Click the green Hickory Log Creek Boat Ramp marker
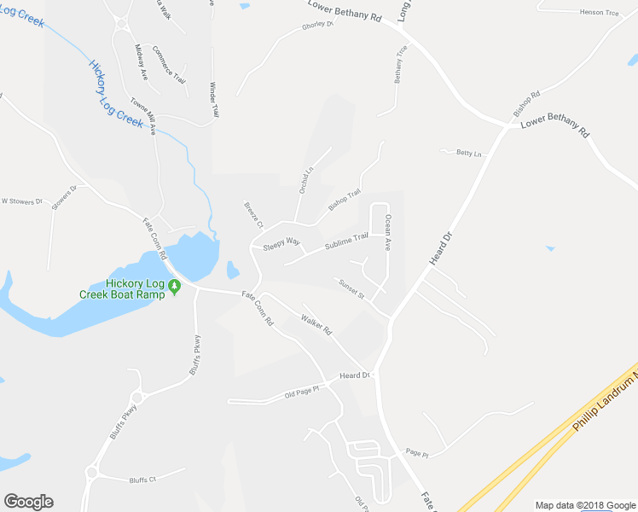coord(174,287)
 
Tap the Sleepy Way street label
coord(281,243)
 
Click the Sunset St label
coord(351,289)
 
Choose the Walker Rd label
coord(316,324)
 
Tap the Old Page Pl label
coord(301,393)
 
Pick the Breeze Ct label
coord(253,212)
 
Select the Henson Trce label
coord(597,12)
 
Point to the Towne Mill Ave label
coord(142,116)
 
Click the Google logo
coord(28,502)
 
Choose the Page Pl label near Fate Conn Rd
coord(417,454)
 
